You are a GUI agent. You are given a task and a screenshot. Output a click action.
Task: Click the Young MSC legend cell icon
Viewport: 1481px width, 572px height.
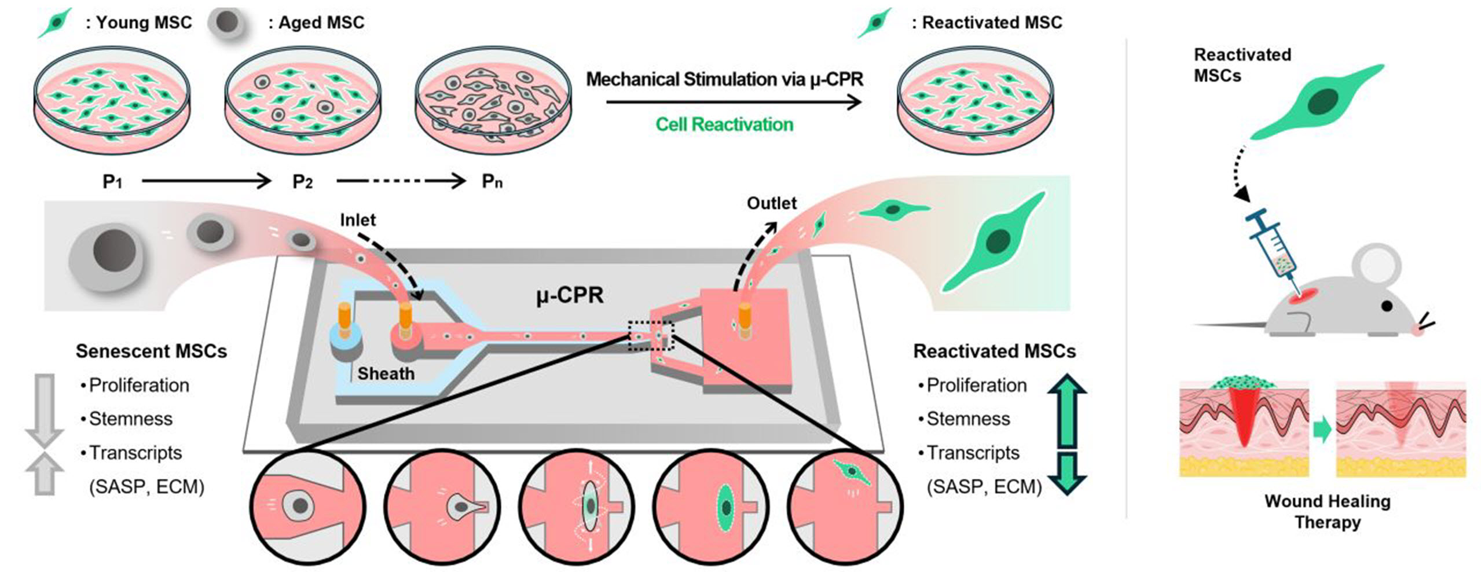click(54, 23)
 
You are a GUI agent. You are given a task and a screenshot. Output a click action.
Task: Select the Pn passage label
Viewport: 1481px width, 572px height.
click(492, 182)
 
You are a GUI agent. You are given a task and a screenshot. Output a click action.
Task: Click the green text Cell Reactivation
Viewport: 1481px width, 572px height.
click(724, 124)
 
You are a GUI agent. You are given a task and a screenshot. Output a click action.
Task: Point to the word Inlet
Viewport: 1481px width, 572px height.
click(357, 220)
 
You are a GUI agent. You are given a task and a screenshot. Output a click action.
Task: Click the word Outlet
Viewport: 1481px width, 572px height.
click(771, 203)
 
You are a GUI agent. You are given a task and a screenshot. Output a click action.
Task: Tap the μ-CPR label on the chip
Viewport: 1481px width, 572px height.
click(569, 296)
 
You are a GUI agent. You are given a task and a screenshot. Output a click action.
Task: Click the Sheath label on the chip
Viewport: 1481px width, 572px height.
click(386, 374)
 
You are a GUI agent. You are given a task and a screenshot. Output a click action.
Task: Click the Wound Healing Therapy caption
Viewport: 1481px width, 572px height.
click(1327, 511)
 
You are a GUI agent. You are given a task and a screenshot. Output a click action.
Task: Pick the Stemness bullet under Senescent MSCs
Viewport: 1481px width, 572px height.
click(130, 419)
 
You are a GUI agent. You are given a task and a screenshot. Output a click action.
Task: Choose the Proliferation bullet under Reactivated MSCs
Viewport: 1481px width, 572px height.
click(976, 385)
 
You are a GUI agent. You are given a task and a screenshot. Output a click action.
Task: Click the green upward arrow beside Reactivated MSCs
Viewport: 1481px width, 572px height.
click(1066, 411)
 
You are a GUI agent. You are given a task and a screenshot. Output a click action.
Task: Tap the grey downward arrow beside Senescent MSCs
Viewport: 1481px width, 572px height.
click(44, 411)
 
